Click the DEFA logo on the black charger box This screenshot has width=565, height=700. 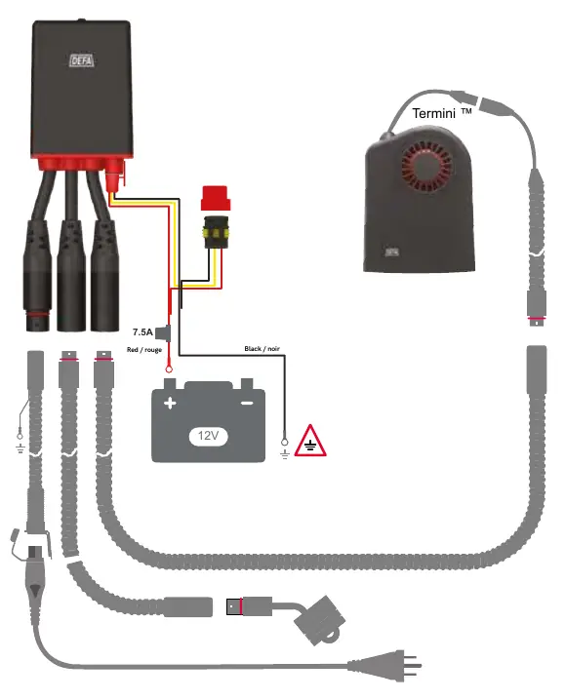tap(82, 60)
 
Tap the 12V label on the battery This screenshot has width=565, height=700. tap(208, 435)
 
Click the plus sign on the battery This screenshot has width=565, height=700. tap(170, 404)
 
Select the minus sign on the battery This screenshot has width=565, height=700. tap(247, 403)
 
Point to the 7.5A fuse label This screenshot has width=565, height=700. tap(142, 332)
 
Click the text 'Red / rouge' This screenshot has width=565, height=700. tap(143, 350)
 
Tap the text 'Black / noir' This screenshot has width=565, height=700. tap(262, 348)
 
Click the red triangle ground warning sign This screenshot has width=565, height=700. tap(310, 442)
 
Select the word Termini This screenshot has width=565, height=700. tap(433, 113)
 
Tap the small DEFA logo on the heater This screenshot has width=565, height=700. tap(392, 253)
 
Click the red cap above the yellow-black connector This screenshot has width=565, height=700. tap(216, 198)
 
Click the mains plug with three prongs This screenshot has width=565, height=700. tap(384, 666)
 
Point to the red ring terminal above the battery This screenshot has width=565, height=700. tap(169, 369)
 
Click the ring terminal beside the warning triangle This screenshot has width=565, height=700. tap(284, 443)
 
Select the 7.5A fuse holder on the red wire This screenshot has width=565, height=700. tap(168, 332)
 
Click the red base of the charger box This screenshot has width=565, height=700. tap(80, 163)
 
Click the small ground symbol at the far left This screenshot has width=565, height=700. tap(20, 447)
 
